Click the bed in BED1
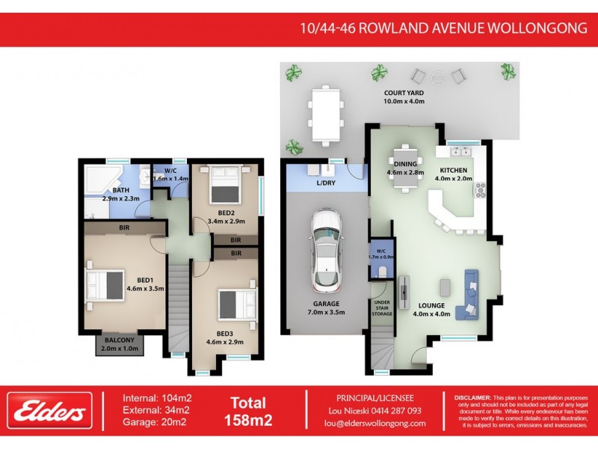click(x=104, y=285)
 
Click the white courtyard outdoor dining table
click(x=325, y=114)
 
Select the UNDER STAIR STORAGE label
click(x=382, y=308)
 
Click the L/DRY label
click(x=325, y=183)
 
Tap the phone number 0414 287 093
click(x=396, y=411)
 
